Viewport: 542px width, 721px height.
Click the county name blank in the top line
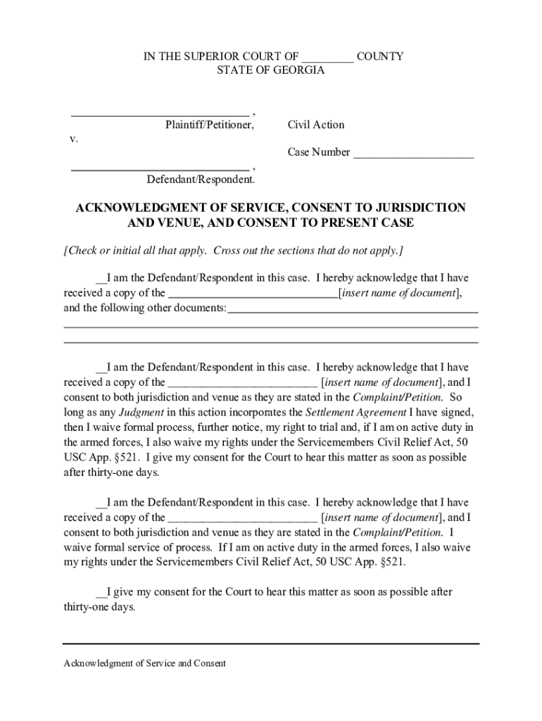[329, 57]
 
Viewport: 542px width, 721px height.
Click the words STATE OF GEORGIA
[270, 71]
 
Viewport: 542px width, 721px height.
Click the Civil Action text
[316, 125]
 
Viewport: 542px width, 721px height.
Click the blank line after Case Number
[413, 154]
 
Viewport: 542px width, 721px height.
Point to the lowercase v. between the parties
[73, 139]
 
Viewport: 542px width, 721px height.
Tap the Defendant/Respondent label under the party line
[200, 180]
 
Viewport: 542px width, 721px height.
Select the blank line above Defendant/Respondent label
[160, 169]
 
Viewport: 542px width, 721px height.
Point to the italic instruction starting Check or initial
[233, 251]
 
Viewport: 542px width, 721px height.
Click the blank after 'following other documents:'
[353, 309]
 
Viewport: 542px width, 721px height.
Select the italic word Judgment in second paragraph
[141, 412]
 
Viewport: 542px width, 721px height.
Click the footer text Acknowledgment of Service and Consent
[144, 663]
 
